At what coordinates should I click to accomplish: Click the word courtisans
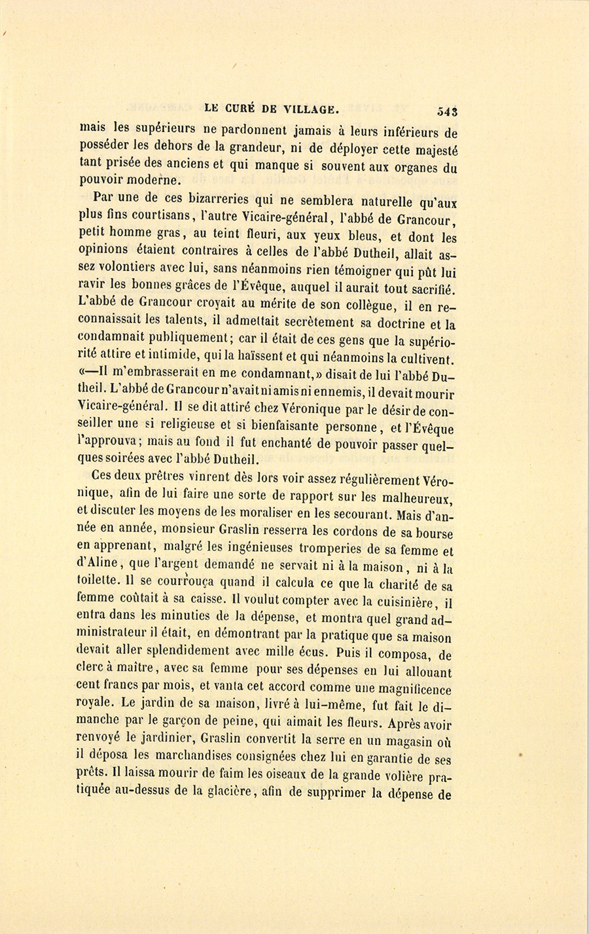157,217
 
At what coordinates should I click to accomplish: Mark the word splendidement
183,651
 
